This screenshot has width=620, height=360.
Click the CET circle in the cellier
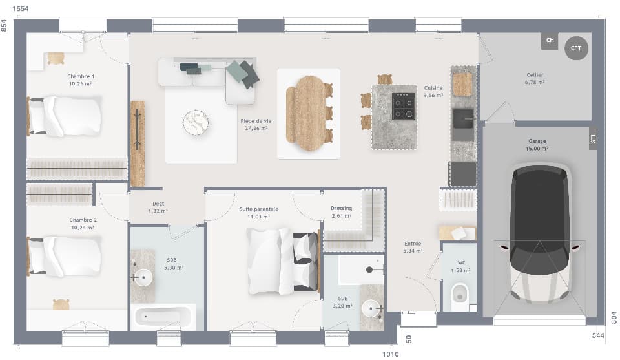[x=576, y=48]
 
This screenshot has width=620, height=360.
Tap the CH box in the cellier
[x=550, y=41]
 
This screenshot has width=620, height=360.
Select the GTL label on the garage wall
[x=593, y=138]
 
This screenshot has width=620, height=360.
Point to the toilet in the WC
[x=460, y=293]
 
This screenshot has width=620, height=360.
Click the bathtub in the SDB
[x=163, y=317]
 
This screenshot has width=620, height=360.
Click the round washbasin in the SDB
[x=144, y=279]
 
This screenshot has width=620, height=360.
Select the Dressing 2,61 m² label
[x=341, y=212]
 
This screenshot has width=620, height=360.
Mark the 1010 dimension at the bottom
[x=391, y=354]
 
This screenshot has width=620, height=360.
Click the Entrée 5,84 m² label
[x=413, y=247]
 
